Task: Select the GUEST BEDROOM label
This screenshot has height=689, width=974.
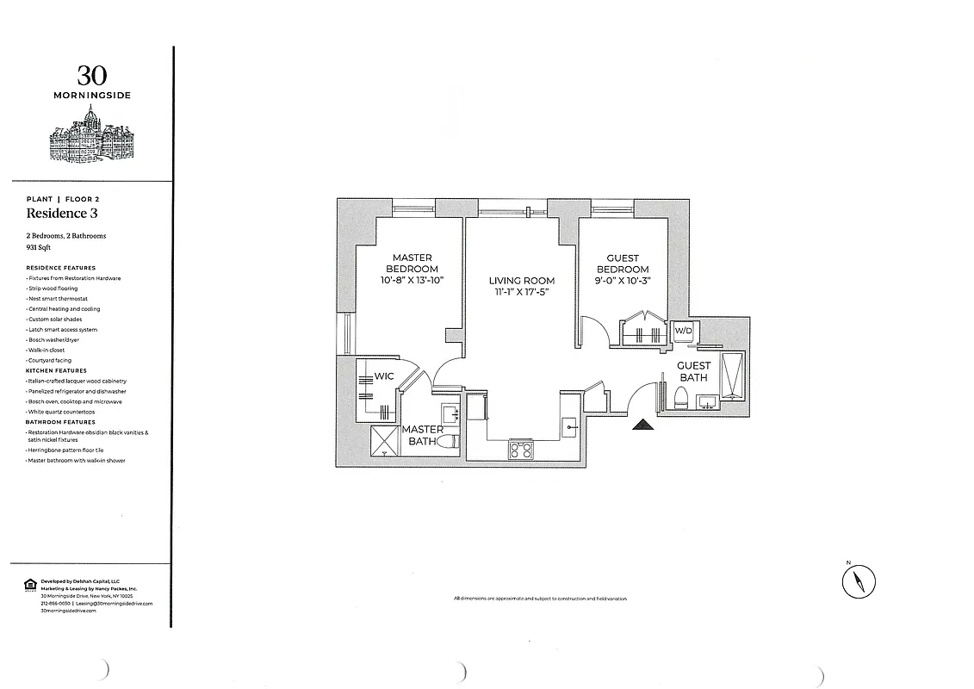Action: [623, 264]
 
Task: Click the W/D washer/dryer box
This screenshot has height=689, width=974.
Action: [683, 331]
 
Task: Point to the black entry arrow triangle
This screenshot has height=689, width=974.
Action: [641, 425]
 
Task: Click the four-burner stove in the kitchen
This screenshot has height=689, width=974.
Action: [519, 450]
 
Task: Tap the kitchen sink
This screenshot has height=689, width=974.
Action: [569, 425]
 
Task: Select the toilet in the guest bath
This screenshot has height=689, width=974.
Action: [680, 398]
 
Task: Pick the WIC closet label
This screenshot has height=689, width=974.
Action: [384, 376]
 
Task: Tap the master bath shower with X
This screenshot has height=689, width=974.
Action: [384, 441]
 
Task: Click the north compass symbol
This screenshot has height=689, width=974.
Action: [858, 581]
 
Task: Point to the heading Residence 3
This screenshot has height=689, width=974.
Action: [56, 214]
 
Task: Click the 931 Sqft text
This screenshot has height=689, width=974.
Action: [39, 247]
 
